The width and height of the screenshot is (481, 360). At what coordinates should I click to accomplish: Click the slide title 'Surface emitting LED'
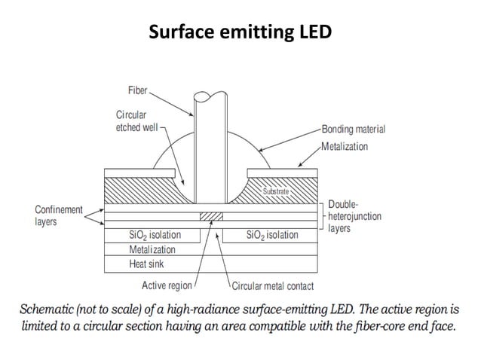240,33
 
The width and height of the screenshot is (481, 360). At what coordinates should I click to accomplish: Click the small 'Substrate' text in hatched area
275,192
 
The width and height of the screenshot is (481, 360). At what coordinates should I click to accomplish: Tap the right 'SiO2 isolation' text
272,235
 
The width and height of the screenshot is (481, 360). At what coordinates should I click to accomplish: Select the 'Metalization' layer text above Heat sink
152,249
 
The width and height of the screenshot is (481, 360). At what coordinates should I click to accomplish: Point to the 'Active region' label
167,285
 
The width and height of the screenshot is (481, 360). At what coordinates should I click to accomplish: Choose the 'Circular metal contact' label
273,286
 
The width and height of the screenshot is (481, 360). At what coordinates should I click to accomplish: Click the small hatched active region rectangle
212,217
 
